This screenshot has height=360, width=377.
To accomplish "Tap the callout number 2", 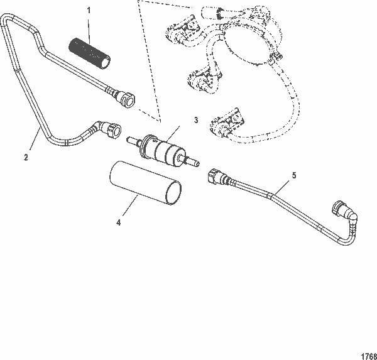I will click(x=26, y=158).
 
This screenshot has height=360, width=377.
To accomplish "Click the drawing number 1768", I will click(x=366, y=353).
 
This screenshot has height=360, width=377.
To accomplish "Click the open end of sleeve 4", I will click(x=173, y=193).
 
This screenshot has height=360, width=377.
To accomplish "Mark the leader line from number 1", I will click(x=89, y=28).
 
